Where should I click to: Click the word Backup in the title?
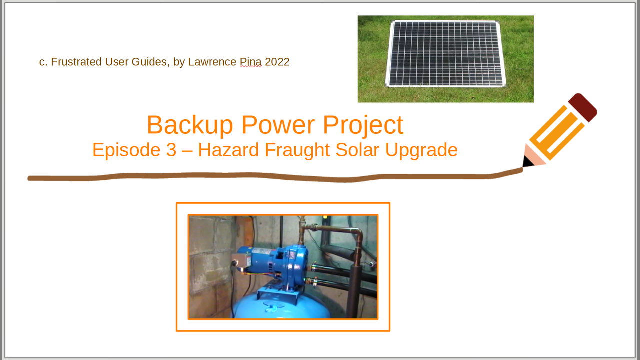[190, 125]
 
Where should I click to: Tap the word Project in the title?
[363, 125]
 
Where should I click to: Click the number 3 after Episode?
[171, 150]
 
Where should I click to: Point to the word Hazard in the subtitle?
[228, 150]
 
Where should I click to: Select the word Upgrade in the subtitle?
[421, 150]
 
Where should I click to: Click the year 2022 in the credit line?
[277, 62]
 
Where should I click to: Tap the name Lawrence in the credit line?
[212, 62]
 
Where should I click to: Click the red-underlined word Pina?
[250, 62]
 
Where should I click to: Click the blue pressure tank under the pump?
[281, 306]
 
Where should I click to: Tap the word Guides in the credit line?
[149, 62]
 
